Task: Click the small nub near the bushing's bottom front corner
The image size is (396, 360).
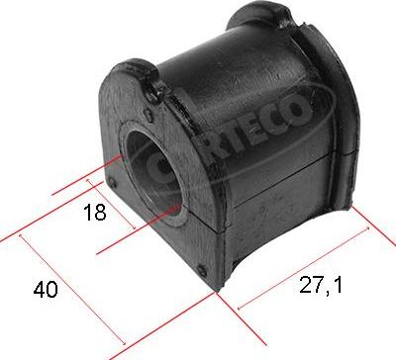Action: (204, 270)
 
